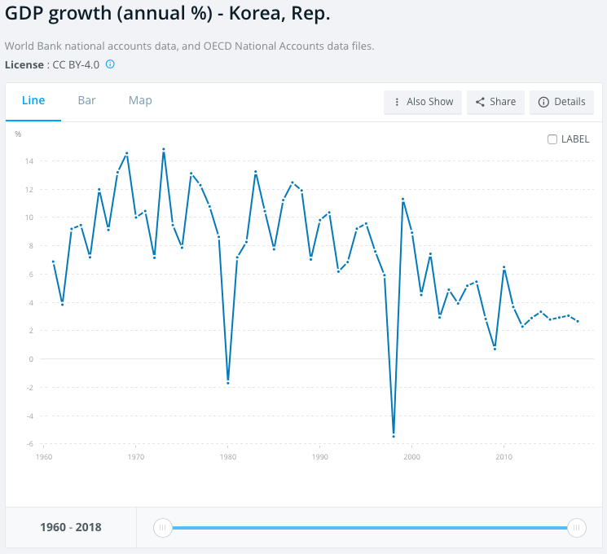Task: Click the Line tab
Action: click(x=33, y=101)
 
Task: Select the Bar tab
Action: click(x=86, y=101)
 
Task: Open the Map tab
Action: click(x=140, y=101)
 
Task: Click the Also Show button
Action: click(x=423, y=102)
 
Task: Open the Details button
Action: click(x=561, y=102)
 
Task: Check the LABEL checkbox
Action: click(x=552, y=139)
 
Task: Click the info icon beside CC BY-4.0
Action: click(x=110, y=64)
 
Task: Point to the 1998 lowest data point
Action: click(x=394, y=436)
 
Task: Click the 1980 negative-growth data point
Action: click(x=228, y=383)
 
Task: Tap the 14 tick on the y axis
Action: click(x=29, y=161)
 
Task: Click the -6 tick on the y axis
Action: click(x=29, y=444)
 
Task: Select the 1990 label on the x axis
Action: click(x=319, y=456)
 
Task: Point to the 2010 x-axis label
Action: click(x=504, y=456)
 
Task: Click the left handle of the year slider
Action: click(x=163, y=528)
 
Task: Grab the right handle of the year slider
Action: click(x=576, y=528)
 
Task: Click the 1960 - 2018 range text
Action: click(x=71, y=527)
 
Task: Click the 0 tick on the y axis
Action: click(x=30, y=359)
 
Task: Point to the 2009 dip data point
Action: click(x=495, y=349)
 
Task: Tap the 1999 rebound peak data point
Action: click(x=402, y=199)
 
